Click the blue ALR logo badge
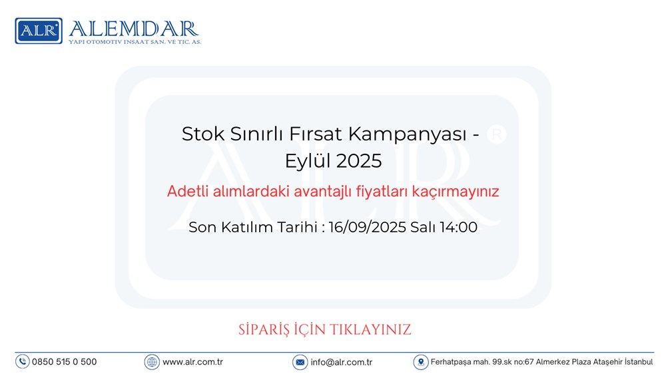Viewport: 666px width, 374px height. tap(39, 31)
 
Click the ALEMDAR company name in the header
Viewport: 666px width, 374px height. tap(134, 29)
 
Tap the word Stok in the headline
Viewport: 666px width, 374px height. tap(203, 134)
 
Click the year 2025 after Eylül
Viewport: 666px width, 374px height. tap(359, 161)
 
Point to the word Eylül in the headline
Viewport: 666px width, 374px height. tap(308, 162)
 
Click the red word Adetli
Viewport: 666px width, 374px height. tap(188, 191)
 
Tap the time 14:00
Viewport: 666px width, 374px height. tap(458, 227)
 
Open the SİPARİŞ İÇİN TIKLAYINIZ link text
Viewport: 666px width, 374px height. tap(325, 330)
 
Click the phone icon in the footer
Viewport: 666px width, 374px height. tap(23, 362)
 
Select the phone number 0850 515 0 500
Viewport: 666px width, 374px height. tap(65, 362)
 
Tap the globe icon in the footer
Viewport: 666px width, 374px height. tap(152, 362)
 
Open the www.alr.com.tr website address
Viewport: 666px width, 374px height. tap(193, 362)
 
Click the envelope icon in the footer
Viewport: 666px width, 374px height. tap(300, 362)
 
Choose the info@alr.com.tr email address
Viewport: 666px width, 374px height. tap(342, 362)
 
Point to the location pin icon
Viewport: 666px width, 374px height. tap(420, 362)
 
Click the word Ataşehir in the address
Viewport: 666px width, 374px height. tap(608, 362)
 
